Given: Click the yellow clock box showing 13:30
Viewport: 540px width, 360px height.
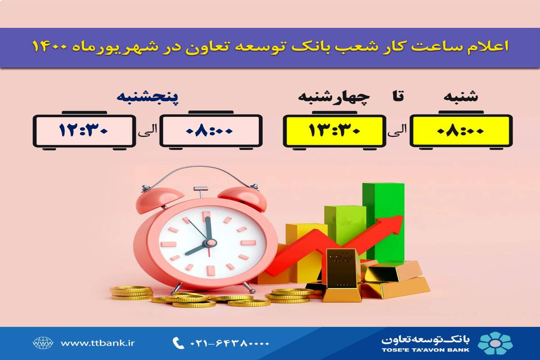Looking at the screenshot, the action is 334,131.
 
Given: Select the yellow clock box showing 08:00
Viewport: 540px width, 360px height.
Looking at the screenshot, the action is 461,131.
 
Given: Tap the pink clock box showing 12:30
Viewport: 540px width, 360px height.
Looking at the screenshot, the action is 85,131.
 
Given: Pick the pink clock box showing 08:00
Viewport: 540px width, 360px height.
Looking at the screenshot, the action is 211,131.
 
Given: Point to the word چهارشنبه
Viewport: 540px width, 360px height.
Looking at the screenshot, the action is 333,97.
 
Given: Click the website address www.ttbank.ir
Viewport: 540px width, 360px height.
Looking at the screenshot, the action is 98,343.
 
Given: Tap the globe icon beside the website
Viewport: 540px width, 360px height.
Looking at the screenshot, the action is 43,343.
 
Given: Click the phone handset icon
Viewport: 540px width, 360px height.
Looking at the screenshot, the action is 177,343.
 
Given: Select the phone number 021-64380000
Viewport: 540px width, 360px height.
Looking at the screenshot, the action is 229,343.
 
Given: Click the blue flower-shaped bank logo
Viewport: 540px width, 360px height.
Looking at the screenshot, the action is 495,343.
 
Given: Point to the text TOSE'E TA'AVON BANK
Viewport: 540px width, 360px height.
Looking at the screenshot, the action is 426,349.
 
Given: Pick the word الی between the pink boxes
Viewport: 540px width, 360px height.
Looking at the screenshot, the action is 148,130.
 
